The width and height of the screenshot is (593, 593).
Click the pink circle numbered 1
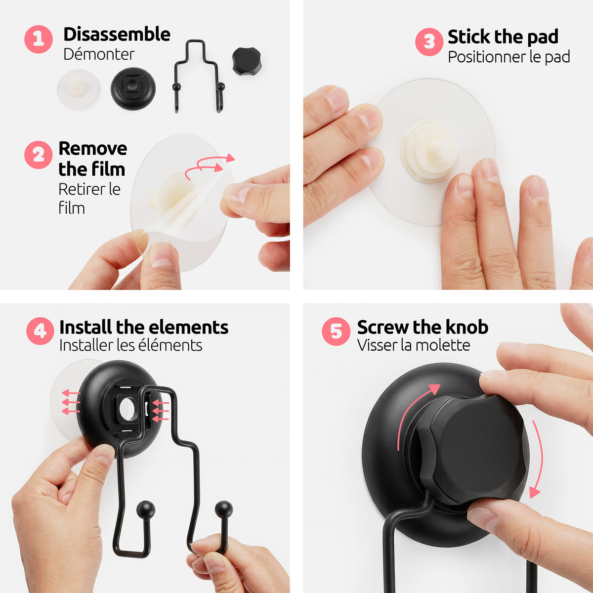(x=39, y=40)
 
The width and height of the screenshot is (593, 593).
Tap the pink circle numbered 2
(x=39, y=155)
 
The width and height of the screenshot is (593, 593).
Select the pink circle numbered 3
(x=429, y=42)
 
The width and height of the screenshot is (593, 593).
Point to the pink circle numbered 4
(x=41, y=331)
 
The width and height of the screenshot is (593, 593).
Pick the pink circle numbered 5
(x=336, y=332)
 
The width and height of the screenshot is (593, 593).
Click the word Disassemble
(x=117, y=34)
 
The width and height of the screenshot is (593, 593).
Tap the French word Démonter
(x=99, y=54)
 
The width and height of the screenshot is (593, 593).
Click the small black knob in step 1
(x=247, y=61)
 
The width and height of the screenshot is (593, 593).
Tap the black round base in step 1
(x=133, y=88)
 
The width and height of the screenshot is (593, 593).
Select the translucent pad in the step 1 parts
(x=79, y=89)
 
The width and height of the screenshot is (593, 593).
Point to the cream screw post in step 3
(x=430, y=151)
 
